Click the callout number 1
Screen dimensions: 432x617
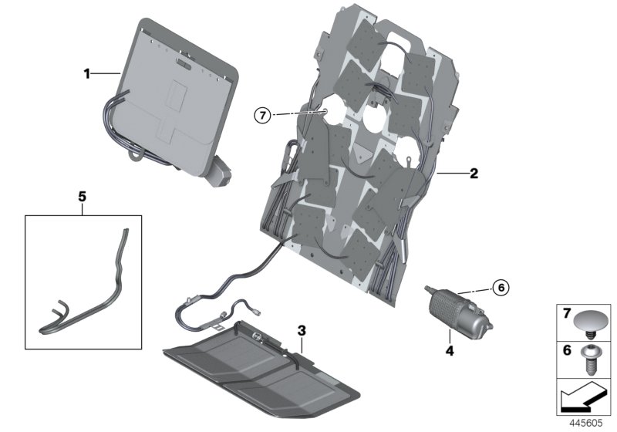coord(88,74)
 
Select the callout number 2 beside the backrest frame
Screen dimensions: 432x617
coord(474,174)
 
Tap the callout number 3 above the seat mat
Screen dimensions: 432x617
coord(302,329)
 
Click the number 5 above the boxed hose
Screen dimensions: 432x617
coord(82,197)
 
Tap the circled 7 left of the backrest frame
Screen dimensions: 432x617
coord(263,116)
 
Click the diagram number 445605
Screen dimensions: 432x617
coord(588,424)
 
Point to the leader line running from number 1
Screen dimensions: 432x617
coord(106,74)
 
